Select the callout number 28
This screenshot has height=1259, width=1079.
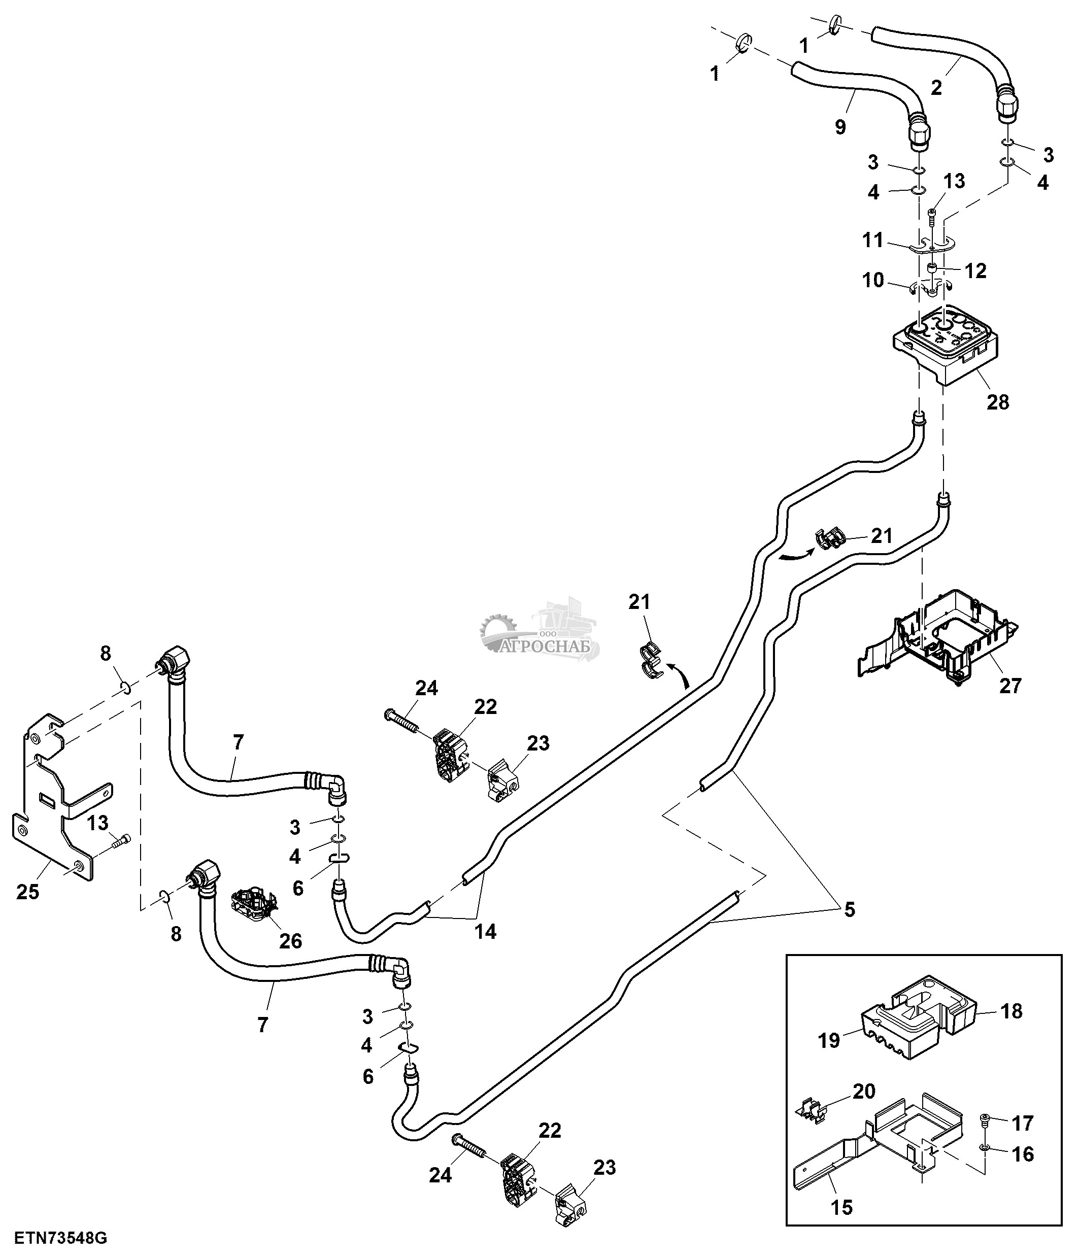(x=998, y=402)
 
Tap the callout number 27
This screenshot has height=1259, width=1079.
(x=1010, y=686)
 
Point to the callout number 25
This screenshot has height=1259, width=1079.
(x=28, y=892)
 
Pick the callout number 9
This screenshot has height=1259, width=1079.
(x=840, y=127)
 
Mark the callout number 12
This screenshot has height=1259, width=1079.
(x=975, y=271)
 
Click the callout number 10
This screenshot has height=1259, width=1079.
(x=873, y=280)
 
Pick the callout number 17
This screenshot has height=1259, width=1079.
(x=1023, y=1124)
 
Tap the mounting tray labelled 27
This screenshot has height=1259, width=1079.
(x=938, y=644)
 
